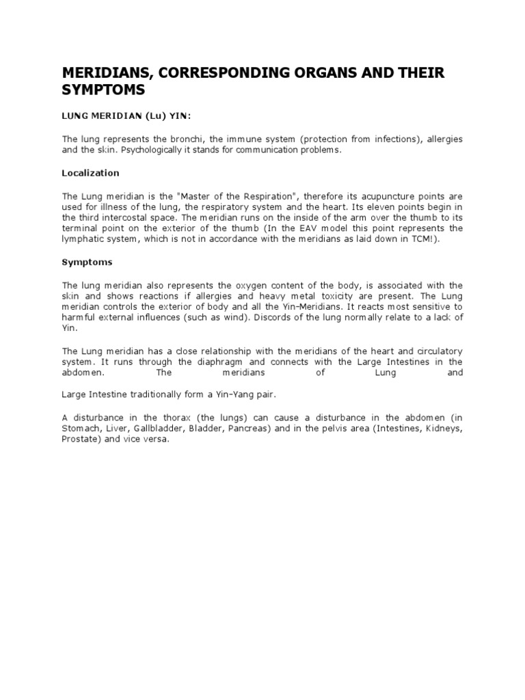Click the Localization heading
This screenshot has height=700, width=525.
pyautogui.click(x=91, y=173)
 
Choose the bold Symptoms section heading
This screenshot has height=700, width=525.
pyautogui.click(x=87, y=262)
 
